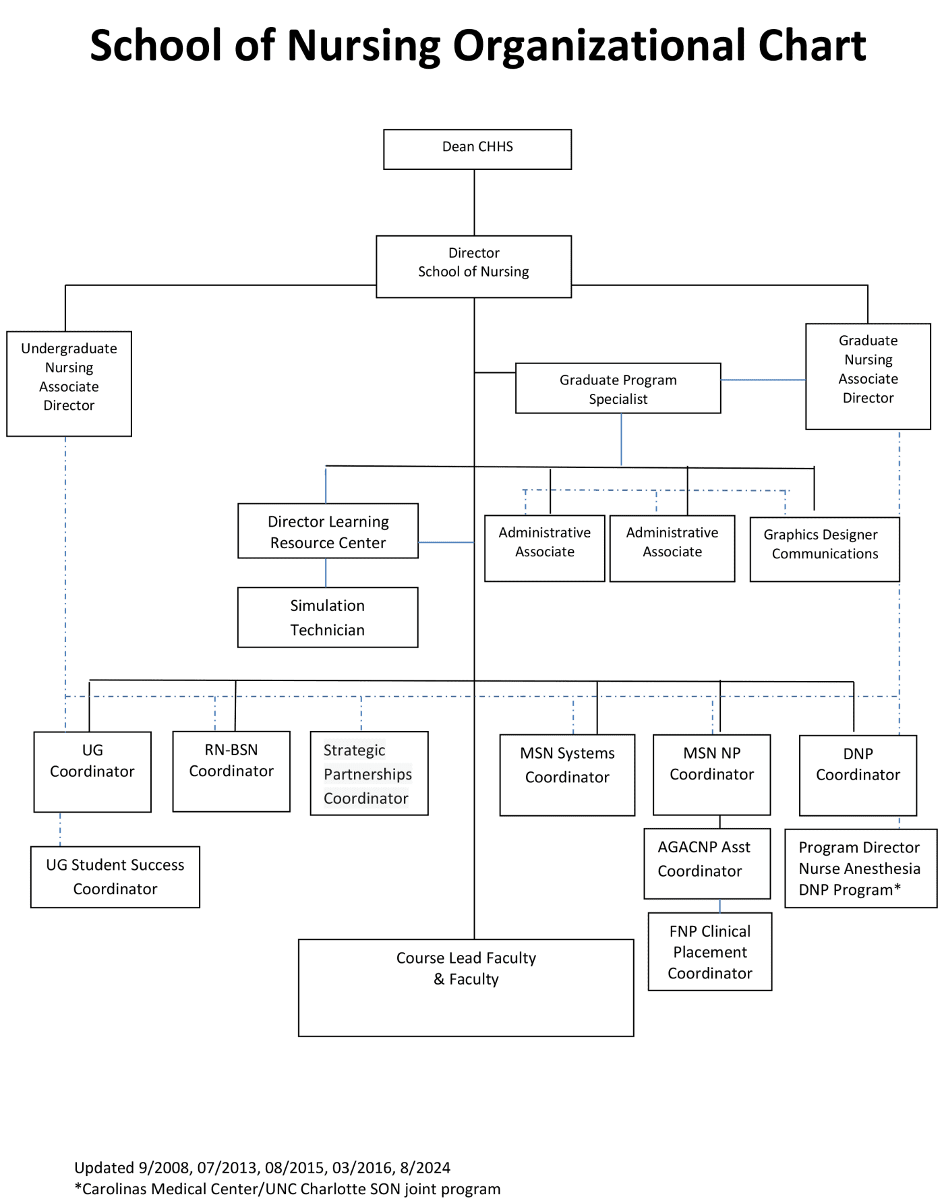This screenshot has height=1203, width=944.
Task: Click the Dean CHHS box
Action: (x=477, y=149)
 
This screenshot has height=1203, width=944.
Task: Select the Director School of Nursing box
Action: (x=473, y=266)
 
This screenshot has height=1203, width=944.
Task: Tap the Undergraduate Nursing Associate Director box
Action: (x=69, y=383)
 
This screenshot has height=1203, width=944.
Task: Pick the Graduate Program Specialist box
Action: (x=618, y=388)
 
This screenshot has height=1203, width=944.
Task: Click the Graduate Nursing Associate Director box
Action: (x=868, y=376)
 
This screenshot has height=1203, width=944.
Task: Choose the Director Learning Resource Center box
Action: (x=328, y=531)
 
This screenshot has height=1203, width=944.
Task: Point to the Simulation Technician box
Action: (x=328, y=617)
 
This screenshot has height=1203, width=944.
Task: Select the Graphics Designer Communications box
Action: (x=824, y=548)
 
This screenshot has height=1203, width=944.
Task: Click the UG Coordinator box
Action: (x=92, y=771)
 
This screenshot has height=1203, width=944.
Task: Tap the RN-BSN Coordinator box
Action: (x=231, y=771)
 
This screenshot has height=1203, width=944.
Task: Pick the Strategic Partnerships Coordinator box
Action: (x=369, y=773)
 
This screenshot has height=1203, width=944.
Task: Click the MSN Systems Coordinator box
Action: (x=567, y=775)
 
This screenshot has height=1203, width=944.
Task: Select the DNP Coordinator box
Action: (x=858, y=775)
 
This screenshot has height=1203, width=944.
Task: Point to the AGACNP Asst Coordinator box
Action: (x=707, y=863)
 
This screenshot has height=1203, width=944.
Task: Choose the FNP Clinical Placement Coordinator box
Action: (x=709, y=951)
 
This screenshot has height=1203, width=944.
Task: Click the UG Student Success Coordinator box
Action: (x=115, y=877)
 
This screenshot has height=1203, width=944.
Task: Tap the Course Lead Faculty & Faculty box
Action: (x=466, y=987)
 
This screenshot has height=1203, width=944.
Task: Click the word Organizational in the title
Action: (x=600, y=46)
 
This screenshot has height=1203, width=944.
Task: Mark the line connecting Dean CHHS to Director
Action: (x=474, y=202)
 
